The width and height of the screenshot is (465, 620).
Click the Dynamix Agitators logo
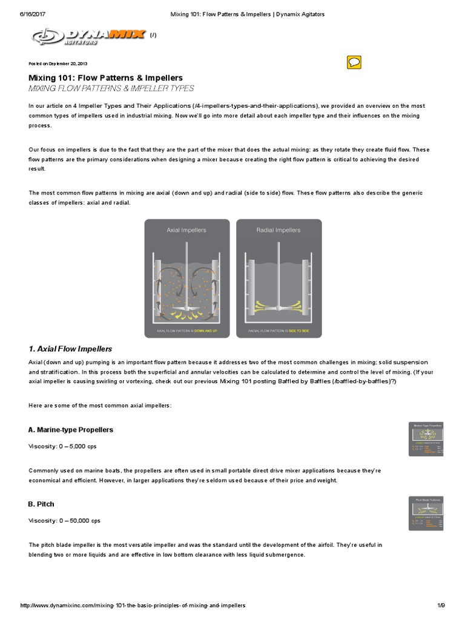[88, 36]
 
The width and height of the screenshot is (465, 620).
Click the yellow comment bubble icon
[355, 62]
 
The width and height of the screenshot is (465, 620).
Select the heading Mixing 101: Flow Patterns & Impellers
[106, 77]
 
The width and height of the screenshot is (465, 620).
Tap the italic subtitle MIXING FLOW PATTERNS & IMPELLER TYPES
[111, 88]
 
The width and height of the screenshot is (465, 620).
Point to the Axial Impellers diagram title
[186, 230]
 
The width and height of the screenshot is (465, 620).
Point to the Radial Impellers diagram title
[279, 230]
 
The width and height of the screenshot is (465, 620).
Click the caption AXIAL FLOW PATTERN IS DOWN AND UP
[186, 331]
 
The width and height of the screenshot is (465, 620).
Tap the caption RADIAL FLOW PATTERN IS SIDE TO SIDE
[279, 331]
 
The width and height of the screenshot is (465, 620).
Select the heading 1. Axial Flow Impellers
[70, 349]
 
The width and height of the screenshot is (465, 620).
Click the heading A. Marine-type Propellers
[71, 429]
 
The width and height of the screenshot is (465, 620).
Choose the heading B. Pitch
[41, 504]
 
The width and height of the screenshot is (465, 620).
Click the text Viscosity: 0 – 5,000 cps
[62, 446]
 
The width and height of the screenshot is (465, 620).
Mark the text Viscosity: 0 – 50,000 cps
[64, 520]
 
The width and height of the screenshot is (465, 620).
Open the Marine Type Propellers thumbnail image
[427, 439]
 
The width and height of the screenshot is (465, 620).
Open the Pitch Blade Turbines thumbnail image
[427, 513]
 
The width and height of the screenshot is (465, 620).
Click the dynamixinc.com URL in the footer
[133, 605]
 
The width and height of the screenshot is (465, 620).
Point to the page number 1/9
[441, 605]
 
